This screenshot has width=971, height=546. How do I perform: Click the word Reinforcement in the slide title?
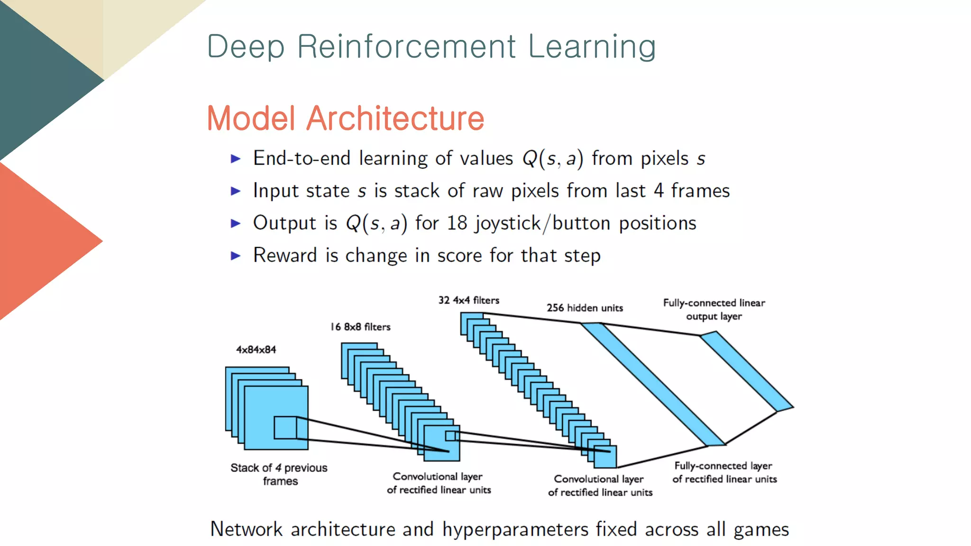coord(406,46)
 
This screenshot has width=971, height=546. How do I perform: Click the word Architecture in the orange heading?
coord(395,118)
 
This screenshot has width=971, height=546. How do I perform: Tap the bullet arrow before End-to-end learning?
coord(236,159)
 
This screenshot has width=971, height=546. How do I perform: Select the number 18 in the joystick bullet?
coord(457,223)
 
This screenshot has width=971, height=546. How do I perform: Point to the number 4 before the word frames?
coord(658,191)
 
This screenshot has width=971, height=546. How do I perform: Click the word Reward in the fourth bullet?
coord(284,255)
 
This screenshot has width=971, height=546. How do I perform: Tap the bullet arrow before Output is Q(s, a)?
coord(236,223)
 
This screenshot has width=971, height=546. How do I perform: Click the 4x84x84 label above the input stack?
coord(256,350)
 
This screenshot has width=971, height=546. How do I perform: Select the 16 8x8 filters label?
coord(360,327)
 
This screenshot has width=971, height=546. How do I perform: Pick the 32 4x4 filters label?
coord(468,300)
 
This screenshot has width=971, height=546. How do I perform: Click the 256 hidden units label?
coord(585,308)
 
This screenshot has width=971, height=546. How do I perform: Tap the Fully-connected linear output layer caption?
coord(714,309)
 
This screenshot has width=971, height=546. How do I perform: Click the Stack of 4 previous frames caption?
coord(279,474)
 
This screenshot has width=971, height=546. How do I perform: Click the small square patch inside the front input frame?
coord(285,428)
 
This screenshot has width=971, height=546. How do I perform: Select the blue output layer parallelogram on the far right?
coord(747,371)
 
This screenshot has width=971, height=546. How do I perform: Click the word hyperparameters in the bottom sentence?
coord(515,529)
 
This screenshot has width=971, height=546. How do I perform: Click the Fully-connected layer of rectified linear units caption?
coord(724,473)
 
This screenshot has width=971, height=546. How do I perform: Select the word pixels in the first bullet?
coord(664,159)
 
